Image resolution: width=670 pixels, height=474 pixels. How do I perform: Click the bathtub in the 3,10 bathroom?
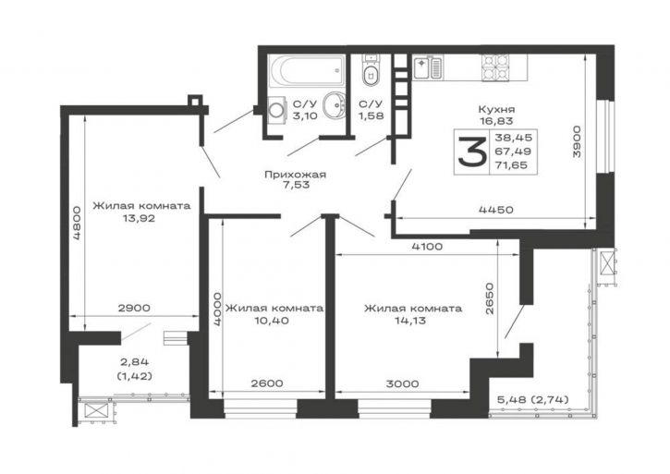click(307, 71)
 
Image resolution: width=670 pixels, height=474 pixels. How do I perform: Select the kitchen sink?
click(428, 67)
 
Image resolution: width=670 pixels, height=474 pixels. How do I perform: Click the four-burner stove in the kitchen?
click(495, 68)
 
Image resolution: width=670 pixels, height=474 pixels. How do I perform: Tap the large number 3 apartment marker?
click(471, 152)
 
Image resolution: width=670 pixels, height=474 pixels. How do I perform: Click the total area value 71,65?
click(511, 164)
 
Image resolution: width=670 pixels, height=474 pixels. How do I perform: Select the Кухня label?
click(496, 109)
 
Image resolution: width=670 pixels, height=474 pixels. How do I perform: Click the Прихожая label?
click(295, 175)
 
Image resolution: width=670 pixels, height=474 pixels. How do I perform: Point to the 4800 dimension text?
click(77, 224)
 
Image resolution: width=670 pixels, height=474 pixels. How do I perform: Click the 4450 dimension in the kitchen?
click(496, 210)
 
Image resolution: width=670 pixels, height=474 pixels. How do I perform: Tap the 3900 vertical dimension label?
click(577, 142)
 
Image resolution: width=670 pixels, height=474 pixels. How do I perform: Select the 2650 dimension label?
click(490, 298)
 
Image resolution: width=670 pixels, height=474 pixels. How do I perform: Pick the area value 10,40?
click(272, 320)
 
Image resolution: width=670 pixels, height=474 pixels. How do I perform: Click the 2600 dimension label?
click(267, 383)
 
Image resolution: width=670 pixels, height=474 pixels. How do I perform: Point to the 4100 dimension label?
click(427, 247)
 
